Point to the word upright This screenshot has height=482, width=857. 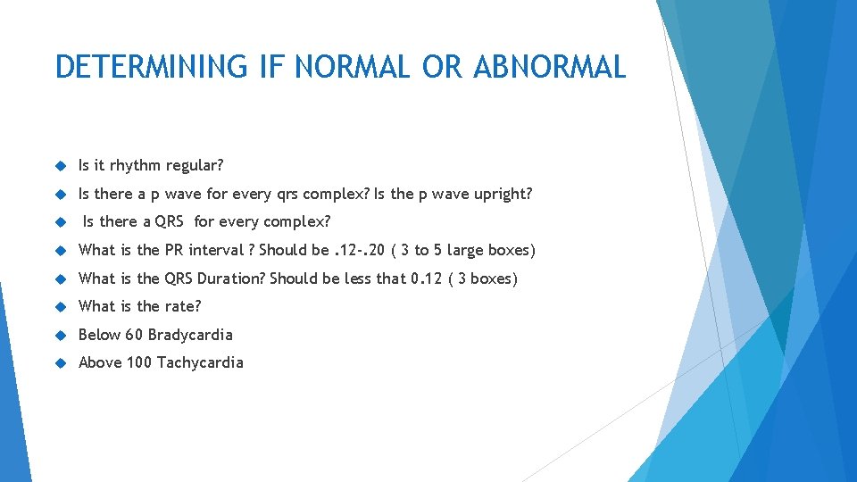pos(499,194)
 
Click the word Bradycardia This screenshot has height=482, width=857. pos(190,335)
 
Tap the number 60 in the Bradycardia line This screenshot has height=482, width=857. pos(134,335)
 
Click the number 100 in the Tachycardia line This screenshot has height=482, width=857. pos(139,362)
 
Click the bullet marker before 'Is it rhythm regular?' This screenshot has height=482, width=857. pos(61,166)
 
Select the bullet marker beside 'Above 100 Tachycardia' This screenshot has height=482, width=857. pos(61,363)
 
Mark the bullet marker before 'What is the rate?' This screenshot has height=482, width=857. pos(61,307)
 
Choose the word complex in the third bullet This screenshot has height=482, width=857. pos(300,221)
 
